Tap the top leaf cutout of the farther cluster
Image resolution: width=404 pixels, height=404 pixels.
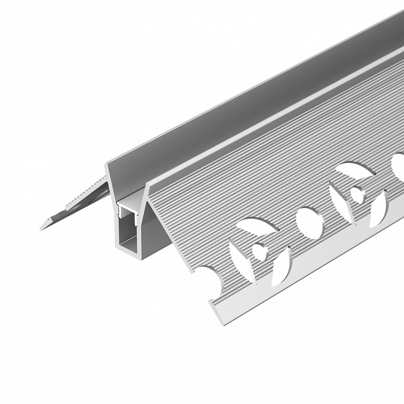tap(356, 170)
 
